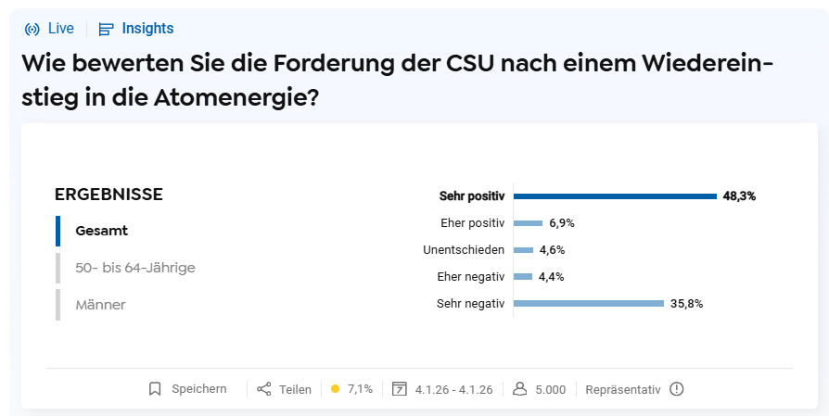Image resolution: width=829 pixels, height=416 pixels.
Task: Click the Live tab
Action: pos(49,29)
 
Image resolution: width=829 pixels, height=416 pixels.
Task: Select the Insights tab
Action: pos(136,29)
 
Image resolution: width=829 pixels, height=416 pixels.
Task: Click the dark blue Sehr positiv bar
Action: pos(615,196)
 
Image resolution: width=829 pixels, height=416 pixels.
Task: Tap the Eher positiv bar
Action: pos(528,223)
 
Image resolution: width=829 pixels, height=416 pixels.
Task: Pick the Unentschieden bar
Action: pos(523,250)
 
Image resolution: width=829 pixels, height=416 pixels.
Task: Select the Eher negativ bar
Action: pos(522,277)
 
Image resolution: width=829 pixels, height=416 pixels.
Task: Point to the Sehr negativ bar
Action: pos(589,303)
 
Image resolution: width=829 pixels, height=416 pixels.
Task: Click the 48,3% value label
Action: pos(739,196)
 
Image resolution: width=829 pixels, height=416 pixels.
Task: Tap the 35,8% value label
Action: pos(687,303)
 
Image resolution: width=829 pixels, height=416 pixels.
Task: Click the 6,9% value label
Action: pos(562,223)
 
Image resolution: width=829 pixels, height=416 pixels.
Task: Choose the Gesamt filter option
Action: pos(101,231)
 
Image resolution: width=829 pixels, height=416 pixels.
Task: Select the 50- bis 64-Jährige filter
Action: pos(135,268)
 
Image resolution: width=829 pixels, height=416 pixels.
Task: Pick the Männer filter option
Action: pos(100,304)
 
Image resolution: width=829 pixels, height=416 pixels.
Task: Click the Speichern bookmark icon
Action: pos(155,389)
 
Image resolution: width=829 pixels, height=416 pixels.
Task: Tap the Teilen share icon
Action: pos(264,389)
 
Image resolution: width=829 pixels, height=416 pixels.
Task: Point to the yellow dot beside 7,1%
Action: pos(335,389)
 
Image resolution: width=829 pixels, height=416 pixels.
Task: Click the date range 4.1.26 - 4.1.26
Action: pos(453,389)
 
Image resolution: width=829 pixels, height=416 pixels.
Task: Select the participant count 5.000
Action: pos(550,389)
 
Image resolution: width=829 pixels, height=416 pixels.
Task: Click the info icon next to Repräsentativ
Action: pos(676,389)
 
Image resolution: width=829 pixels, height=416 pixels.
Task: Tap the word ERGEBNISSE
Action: pos(108,195)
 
